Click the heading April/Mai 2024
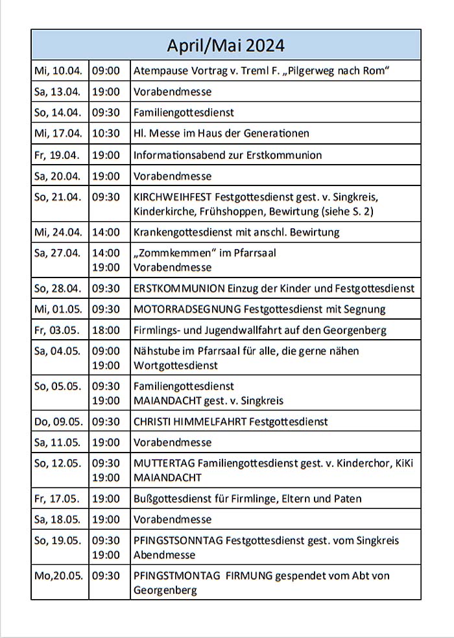click(225, 45)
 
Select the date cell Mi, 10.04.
click(58, 70)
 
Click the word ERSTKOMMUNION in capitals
click(179, 288)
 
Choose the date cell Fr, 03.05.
click(57, 330)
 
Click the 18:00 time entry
click(106, 330)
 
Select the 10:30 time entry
click(106, 134)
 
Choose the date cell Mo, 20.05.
click(58, 575)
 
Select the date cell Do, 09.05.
click(58, 421)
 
